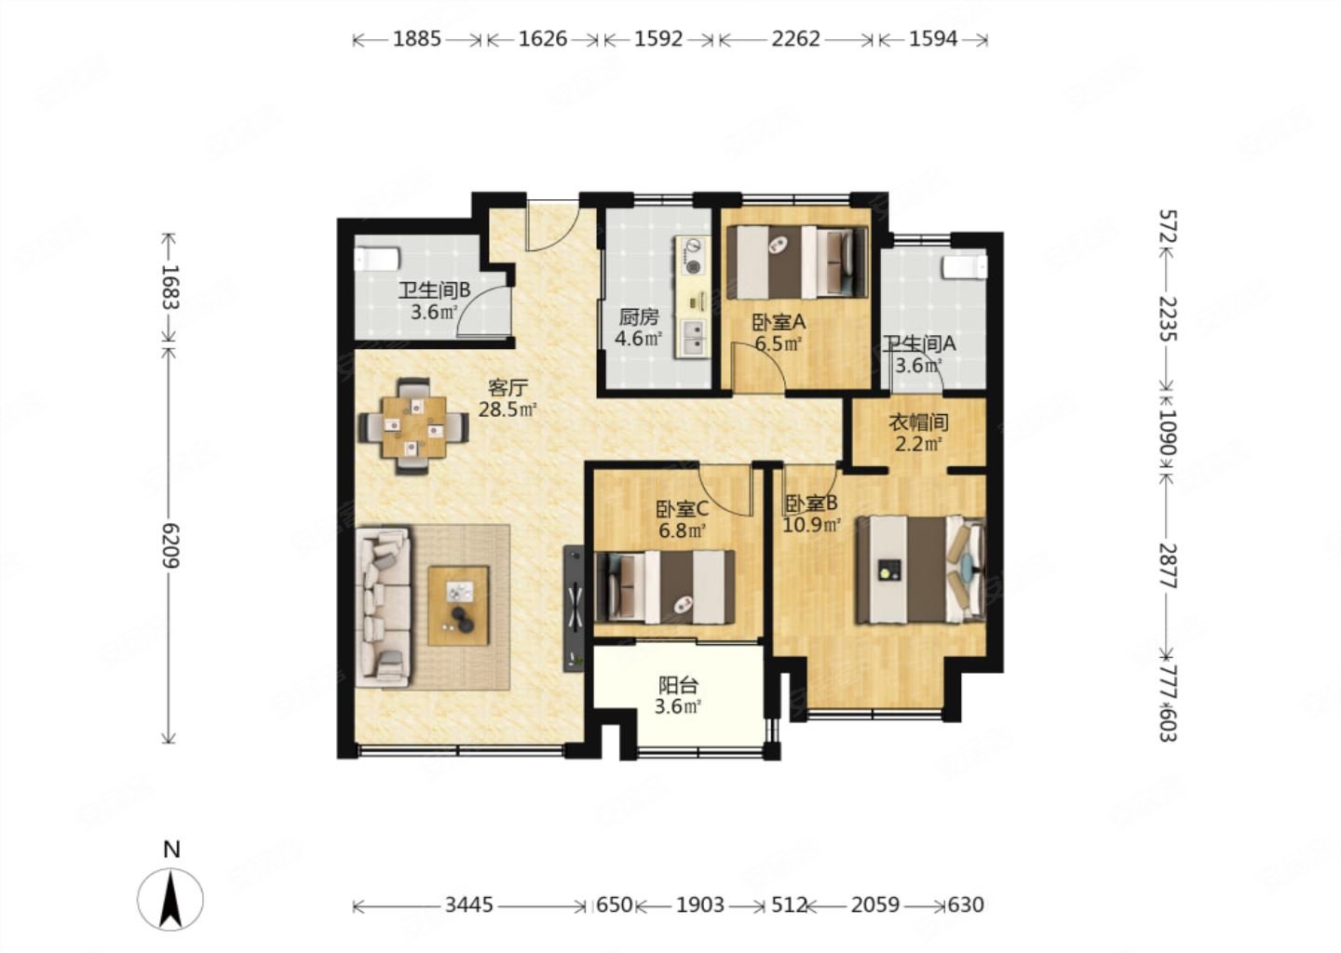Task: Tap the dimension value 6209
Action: [170, 545]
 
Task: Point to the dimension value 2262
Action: [795, 39]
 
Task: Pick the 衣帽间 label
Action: [918, 423]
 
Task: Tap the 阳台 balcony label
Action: [678, 686]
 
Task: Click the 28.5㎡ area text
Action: [507, 409]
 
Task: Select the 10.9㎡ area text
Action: [812, 525]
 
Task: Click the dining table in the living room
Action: [413, 426]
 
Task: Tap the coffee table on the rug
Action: [458, 606]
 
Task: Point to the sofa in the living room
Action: [383, 607]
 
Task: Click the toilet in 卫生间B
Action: [376, 259]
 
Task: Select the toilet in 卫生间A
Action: [965, 267]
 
